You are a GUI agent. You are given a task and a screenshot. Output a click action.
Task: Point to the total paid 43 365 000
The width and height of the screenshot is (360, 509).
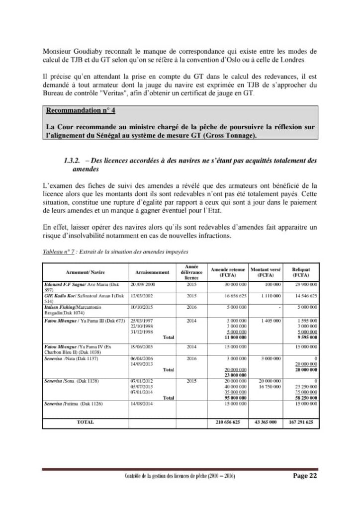(266, 422)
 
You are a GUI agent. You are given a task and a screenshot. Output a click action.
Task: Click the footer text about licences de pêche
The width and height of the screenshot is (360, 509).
(180, 476)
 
